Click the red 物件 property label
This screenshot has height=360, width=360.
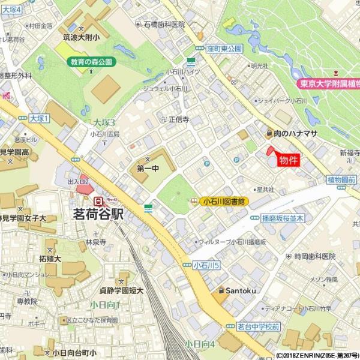point(289,161)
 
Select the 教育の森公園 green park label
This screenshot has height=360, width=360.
point(91,62)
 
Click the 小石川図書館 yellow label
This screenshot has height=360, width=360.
point(224,202)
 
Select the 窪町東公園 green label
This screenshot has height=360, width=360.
point(223,48)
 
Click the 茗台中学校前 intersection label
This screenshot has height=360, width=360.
point(258,326)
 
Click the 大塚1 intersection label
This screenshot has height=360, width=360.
point(39,118)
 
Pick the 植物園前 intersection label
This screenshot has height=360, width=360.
point(343,179)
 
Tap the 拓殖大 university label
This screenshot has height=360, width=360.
point(50,259)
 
